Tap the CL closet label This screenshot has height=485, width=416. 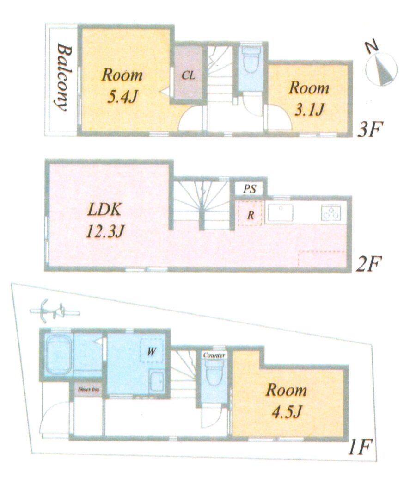click(x=188, y=75)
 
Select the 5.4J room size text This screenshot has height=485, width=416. click(x=122, y=97)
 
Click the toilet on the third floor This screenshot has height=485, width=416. click(x=251, y=59)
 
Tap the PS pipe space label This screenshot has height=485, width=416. click(x=250, y=189)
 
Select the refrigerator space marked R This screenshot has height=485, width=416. click(x=250, y=213)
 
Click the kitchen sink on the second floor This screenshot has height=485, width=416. click(x=281, y=212)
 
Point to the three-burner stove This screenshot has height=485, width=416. click(x=331, y=212)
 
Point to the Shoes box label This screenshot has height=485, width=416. click(x=88, y=389)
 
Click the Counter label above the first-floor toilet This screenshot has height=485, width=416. click(x=214, y=355)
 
